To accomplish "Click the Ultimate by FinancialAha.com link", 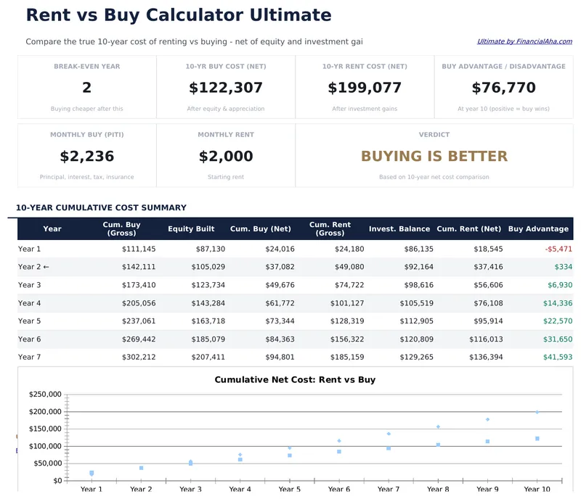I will [524, 42].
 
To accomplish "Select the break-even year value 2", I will [87, 88].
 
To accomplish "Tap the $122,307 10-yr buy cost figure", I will [226, 88].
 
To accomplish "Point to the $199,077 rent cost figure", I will [365, 88].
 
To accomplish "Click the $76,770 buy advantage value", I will [503, 88].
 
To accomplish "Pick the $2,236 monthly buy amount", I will [87, 157].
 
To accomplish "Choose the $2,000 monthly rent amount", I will [226, 157].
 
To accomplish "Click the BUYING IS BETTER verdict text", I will [434, 157].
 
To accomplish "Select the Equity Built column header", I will [191, 229].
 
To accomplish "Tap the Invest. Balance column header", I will [399, 229].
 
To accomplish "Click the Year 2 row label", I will [33, 267].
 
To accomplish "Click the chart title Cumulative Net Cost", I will [295, 379].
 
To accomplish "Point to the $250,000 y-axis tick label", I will [45, 395].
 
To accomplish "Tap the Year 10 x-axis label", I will [537, 490].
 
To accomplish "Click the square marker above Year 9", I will [488, 441].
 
